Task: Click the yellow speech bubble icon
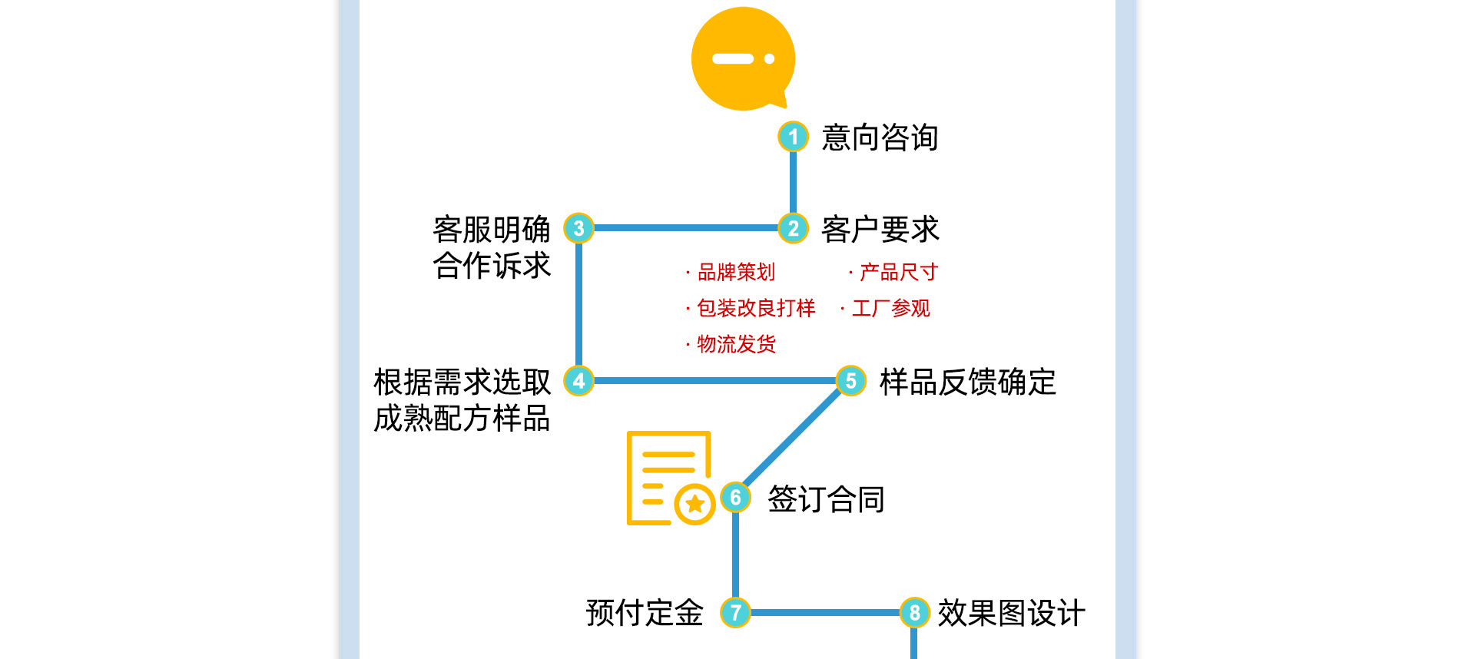pos(743,59)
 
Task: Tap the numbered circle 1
pos(793,137)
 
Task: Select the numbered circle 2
pos(793,228)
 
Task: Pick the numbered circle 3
pos(578,228)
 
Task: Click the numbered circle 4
pos(578,380)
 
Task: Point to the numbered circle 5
pos(850,380)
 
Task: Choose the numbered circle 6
pos(735,498)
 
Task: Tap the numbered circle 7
pos(735,612)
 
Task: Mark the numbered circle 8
pos(914,612)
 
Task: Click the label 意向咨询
pos(880,137)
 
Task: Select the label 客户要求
pos(880,229)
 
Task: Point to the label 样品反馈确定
pos(967,382)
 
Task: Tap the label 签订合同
pos(826,499)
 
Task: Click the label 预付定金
pos(645,613)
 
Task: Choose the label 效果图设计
pos(1011,613)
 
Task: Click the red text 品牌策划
pos(735,272)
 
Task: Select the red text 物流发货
pos(735,344)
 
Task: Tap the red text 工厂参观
pos(890,308)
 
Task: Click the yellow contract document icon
pos(669,478)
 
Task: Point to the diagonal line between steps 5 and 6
pos(793,438)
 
